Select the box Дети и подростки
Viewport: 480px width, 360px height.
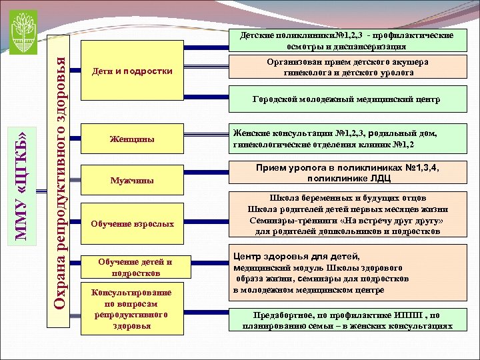131,71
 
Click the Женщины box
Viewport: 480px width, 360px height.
131,140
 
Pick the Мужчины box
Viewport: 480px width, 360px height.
131,180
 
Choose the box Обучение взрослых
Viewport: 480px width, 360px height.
131,224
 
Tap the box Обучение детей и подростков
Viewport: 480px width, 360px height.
131,267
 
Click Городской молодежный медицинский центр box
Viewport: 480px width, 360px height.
346,100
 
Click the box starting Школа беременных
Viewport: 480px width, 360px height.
346,215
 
